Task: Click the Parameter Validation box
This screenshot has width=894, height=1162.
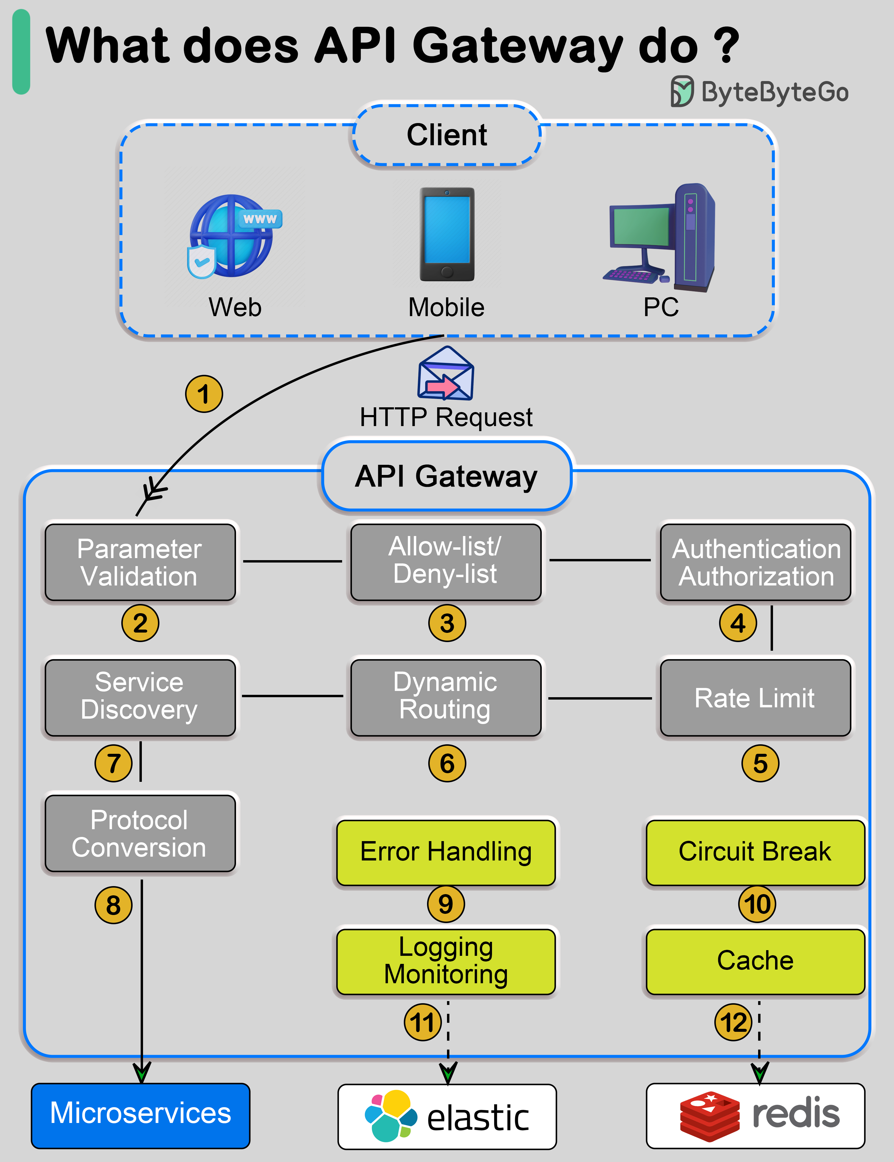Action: click(x=140, y=563)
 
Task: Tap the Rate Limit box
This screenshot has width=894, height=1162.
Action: click(x=755, y=698)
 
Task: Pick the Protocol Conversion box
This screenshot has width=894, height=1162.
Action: click(x=140, y=834)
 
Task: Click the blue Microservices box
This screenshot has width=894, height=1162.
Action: click(x=140, y=1115)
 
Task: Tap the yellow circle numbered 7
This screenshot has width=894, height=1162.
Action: click(x=113, y=763)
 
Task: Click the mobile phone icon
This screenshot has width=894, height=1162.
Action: click(x=447, y=234)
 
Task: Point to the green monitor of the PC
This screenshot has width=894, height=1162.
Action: click(x=641, y=226)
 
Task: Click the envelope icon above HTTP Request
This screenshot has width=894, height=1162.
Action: click(x=446, y=374)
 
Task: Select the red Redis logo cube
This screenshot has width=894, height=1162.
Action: click(x=709, y=1116)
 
